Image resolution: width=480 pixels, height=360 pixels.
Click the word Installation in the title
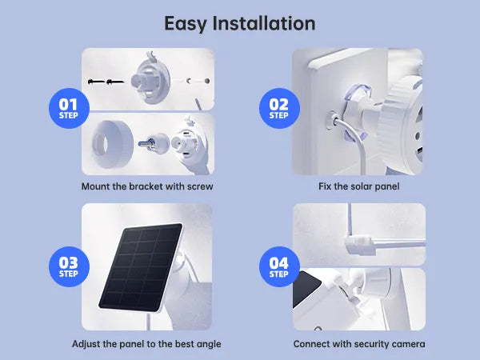point(263,23)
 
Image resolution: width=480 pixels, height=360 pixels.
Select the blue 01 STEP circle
point(69,108)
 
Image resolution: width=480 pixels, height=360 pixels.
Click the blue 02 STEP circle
point(279,108)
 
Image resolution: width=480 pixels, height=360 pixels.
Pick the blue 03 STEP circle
point(69,266)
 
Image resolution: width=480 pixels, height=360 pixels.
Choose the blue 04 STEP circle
point(279,266)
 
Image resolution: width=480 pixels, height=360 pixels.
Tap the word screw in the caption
point(200,186)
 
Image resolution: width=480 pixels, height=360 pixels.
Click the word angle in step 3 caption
point(209,345)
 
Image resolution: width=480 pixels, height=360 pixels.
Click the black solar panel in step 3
point(141,267)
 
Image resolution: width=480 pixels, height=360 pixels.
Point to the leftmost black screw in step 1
point(95,82)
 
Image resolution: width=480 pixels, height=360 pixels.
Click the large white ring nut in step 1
point(112,144)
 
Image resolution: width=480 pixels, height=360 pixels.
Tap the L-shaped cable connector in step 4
point(360,243)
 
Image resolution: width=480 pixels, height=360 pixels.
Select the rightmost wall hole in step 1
point(207,81)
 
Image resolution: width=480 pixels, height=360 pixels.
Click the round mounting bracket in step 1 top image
point(150,80)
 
